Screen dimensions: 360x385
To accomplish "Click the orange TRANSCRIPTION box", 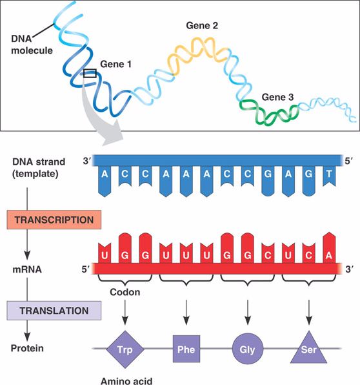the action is coord(54,220).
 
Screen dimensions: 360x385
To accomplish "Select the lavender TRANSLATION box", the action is coord(54,311).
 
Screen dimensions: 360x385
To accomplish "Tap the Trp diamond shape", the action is coord(125,349).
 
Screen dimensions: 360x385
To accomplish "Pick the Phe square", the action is coord(186,349).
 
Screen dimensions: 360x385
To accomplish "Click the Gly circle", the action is coord(248,349).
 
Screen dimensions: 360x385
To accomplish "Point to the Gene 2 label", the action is coord(202,26).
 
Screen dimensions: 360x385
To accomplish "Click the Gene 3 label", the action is coord(277,97).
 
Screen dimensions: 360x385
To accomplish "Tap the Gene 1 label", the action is coord(115,64).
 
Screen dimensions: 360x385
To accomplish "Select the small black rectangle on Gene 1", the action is coord(90,74).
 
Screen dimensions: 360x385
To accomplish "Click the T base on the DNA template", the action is coord(329,176).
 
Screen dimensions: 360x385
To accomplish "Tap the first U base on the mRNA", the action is coord(105,253).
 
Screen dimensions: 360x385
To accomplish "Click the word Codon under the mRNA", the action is coord(125,292).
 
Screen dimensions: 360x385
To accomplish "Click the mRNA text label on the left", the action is coord(27,269).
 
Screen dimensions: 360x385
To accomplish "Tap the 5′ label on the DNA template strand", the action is coord(349,161).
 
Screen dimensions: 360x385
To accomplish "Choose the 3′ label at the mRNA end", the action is coord(350,269).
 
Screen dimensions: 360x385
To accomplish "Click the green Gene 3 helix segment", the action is coord(269,112).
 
